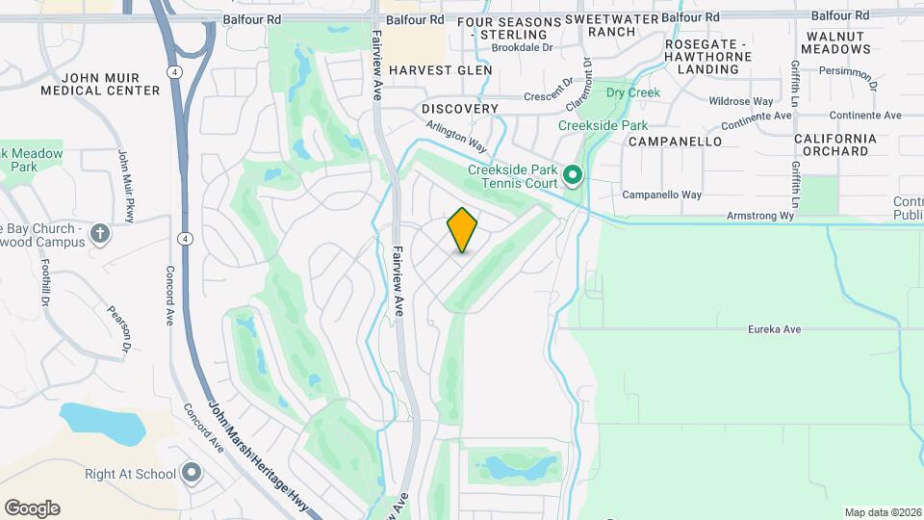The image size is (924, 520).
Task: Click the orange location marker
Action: pyautogui.click(x=462, y=230)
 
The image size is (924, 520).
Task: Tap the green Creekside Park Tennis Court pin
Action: pyautogui.click(x=573, y=175)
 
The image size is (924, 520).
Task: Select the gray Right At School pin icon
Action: pyautogui.click(x=192, y=473)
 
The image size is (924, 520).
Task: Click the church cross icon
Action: pyautogui.click(x=100, y=233)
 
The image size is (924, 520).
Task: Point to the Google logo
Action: pyautogui.click(x=32, y=507)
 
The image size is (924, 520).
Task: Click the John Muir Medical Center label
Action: pyautogui.click(x=100, y=84)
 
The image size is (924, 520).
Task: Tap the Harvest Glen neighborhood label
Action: pyautogui.click(x=442, y=70)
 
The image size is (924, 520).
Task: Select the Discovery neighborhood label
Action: pyautogui.click(x=460, y=109)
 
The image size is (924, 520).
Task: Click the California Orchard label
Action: pyautogui.click(x=835, y=144)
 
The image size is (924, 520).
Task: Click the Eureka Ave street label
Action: pyautogui.click(x=774, y=329)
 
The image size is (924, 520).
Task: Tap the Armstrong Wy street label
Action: pyautogui.click(x=759, y=216)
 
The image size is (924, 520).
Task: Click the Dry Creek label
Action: pyautogui.click(x=633, y=92)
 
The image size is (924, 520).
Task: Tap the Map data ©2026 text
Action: pyautogui.click(x=882, y=512)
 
